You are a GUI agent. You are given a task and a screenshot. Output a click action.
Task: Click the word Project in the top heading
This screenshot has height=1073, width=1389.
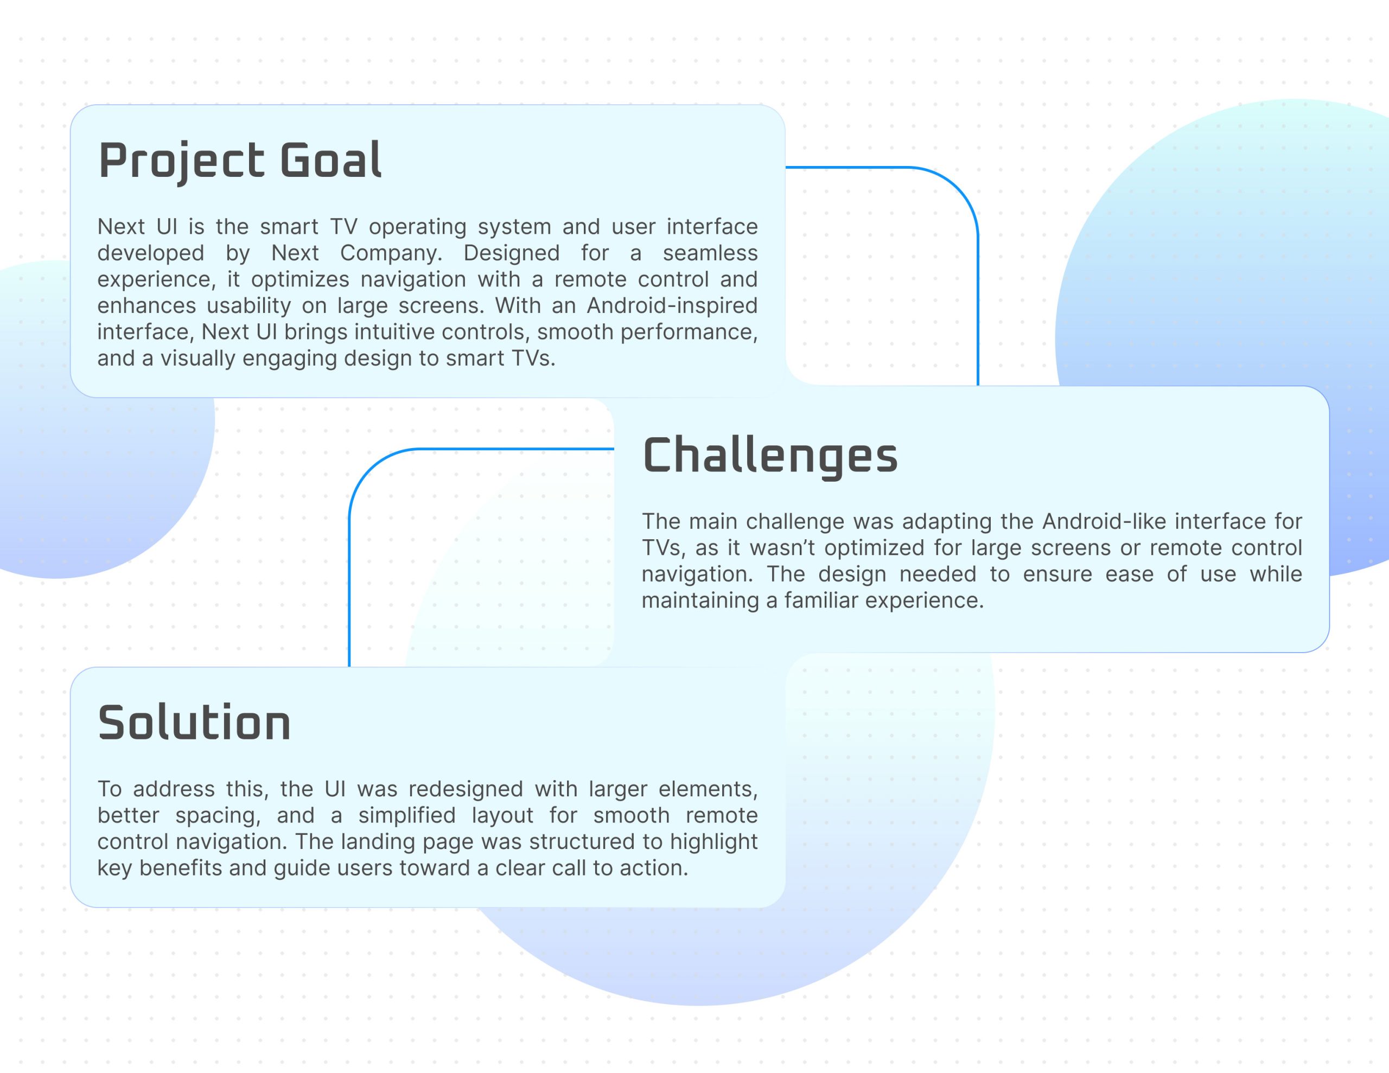(181, 162)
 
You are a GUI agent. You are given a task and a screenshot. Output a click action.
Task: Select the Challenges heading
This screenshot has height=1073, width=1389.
(770, 457)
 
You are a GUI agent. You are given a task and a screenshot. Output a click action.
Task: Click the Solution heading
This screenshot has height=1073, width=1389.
(194, 723)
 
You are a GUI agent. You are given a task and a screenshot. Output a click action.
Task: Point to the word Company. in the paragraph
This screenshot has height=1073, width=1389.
(391, 254)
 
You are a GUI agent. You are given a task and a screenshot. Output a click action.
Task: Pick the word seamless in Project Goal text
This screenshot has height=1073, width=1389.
(710, 253)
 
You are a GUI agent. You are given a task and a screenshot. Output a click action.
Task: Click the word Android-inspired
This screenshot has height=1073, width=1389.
(672, 306)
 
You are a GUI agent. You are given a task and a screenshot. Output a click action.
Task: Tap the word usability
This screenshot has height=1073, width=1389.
(248, 306)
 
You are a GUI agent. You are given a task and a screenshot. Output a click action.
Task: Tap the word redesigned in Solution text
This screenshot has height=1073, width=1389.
(466, 789)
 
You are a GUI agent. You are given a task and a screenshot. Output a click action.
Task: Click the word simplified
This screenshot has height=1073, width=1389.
(406, 815)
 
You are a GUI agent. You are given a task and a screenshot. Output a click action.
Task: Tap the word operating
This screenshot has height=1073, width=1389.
(417, 228)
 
